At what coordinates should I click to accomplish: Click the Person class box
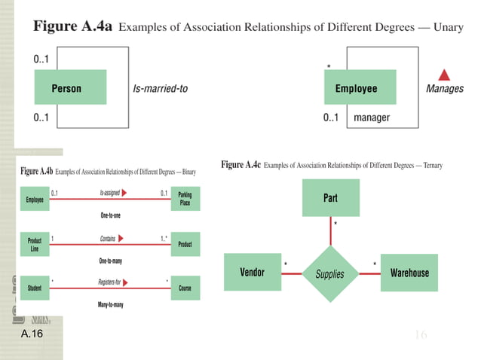point(66,88)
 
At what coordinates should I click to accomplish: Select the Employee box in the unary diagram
point(356,88)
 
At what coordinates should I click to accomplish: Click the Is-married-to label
point(160,88)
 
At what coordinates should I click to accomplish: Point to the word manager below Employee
point(371,118)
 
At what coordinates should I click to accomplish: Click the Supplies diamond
point(330,273)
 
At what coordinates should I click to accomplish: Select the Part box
point(330,198)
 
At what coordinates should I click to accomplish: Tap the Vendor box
point(252,272)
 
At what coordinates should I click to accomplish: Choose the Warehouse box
point(409,273)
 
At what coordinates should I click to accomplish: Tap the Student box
point(35,287)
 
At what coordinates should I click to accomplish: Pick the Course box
point(185,287)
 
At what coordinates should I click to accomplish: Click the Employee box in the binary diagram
point(35,199)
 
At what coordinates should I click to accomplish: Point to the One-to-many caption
point(110,260)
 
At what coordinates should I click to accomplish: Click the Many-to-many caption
point(110,304)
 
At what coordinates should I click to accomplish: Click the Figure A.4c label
point(241,164)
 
